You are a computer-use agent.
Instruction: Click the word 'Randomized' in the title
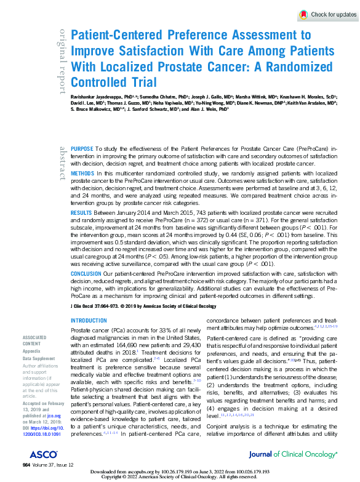298,66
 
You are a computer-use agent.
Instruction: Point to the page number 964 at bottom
26,464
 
